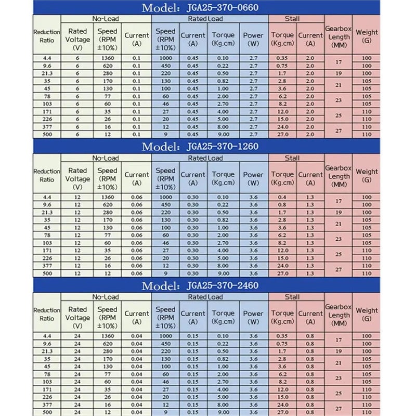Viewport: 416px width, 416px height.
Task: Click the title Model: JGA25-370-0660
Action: click(x=200, y=8)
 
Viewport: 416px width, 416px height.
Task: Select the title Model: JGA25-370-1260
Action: click(x=200, y=147)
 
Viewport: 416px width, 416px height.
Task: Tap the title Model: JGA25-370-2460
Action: click(x=200, y=285)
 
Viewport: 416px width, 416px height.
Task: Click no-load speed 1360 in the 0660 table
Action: click(x=108, y=58)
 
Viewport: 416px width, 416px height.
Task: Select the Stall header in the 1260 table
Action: click(x=292, y=158)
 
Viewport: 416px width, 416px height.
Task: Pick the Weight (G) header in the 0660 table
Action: click(x=367, y=36)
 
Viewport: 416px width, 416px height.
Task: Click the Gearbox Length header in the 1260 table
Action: click(x=339, y=176)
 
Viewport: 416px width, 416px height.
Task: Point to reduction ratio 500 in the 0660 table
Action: click(x=47, y=135)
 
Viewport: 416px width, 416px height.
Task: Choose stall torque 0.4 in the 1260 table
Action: click(x=283, y=198)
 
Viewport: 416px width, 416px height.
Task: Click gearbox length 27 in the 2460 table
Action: click(x=339, y=408)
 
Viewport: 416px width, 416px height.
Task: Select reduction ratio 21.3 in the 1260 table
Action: click(x=47, y=212)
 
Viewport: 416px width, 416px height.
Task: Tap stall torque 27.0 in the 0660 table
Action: click(x=283, y=135)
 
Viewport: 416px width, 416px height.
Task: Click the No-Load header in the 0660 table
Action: click(x=106, y=19)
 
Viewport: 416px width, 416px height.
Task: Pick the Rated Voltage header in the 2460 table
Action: click(x=77, y=313)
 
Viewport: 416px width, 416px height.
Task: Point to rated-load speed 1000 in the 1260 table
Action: click(x=165, y=198)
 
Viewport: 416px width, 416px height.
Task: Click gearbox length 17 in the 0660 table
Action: click(x=339, y=62)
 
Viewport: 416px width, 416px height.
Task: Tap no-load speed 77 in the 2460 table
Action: click(x=108, y=374)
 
